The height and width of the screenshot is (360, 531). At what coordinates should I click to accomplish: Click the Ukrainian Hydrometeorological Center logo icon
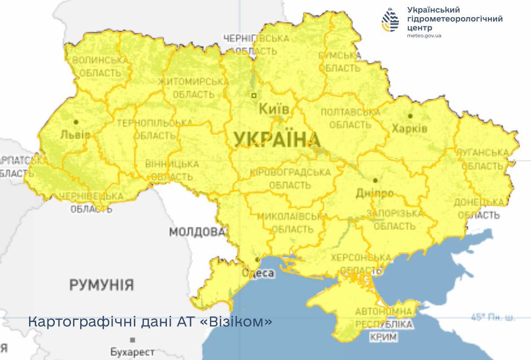pos(390,20)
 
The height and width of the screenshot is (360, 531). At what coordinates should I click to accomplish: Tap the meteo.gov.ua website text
pos(424,36)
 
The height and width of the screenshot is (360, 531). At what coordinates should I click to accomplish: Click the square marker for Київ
pos(254,95)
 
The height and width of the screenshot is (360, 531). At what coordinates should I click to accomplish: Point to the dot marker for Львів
pos(76,122)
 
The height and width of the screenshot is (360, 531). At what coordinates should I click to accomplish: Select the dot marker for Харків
pos(410,116)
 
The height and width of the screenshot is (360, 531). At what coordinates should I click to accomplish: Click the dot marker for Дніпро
pos(375,180)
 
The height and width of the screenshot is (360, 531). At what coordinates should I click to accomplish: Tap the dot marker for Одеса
pos(257,259)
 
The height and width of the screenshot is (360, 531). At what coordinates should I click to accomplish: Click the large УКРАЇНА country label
pos(277,140)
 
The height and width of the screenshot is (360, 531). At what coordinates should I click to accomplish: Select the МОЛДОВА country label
pos(196,232)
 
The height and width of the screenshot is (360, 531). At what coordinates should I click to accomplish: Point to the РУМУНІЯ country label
pos(102,285)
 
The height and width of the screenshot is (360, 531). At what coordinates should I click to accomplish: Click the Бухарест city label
pos(132,351)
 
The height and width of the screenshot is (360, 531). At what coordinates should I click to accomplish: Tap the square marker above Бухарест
pos(133,339)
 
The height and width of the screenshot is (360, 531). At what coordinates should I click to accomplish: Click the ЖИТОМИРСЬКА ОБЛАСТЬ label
pos(193,88)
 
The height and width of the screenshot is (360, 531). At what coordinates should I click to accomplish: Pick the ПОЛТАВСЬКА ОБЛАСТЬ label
pos(350,119)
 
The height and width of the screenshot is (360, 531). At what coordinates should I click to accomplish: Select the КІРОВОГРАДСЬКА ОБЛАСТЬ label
pos(290,179)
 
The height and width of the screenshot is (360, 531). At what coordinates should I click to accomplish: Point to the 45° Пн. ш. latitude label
pos(493,318)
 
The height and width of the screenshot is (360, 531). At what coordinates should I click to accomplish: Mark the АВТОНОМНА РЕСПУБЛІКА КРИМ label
pos(383,324)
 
